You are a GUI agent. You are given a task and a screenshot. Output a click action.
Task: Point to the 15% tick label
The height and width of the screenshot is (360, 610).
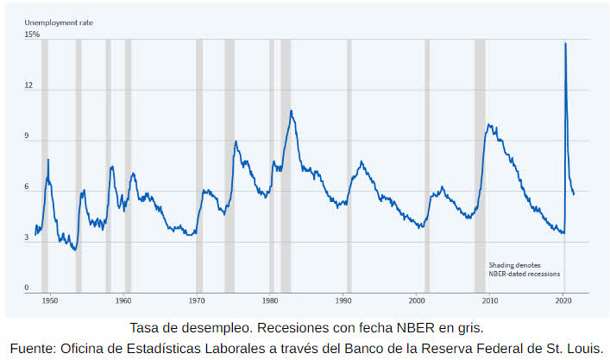(32, 35)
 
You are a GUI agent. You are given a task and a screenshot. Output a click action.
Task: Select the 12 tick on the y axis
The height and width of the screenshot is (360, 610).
(28, 85)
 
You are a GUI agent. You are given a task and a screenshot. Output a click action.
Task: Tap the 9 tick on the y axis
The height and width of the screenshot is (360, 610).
(27, 136)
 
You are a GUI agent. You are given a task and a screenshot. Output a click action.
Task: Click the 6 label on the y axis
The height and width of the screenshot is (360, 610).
(27, 187)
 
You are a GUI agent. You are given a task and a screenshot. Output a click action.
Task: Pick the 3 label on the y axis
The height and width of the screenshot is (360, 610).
(27, 238)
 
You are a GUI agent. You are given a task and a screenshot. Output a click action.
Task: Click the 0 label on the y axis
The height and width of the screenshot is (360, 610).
(27, 288)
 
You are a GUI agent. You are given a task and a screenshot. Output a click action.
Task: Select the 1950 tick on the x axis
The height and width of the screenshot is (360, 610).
(50, 301)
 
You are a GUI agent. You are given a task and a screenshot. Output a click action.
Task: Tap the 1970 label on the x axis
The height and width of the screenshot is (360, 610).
(197, 301)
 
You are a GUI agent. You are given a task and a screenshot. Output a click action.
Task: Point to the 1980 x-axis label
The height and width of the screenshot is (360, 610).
(270, 301)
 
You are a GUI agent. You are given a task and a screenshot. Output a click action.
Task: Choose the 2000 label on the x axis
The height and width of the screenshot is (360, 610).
(417, 301)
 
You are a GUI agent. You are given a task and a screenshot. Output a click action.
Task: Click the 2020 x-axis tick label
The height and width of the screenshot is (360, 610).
(563, 301)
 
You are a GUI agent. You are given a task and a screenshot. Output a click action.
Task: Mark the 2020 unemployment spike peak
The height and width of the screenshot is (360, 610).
(565, 43)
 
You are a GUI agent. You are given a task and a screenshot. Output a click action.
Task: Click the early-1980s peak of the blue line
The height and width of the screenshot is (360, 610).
(291, 111)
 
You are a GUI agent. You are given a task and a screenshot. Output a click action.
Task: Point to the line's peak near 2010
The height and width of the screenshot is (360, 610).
(488, 124)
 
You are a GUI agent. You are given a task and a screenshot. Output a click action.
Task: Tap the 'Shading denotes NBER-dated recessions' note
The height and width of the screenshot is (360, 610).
(524, 269)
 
